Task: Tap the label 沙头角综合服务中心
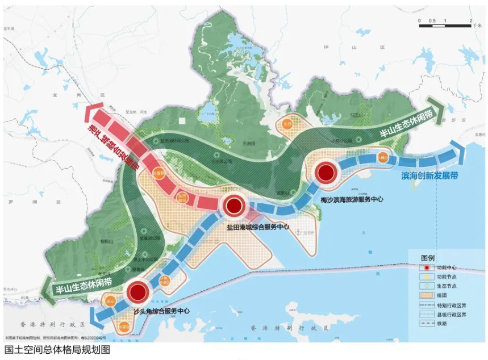point(161,311)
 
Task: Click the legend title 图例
point(428,257)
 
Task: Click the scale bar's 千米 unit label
point(476,26)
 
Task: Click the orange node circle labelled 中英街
point(125,325)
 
